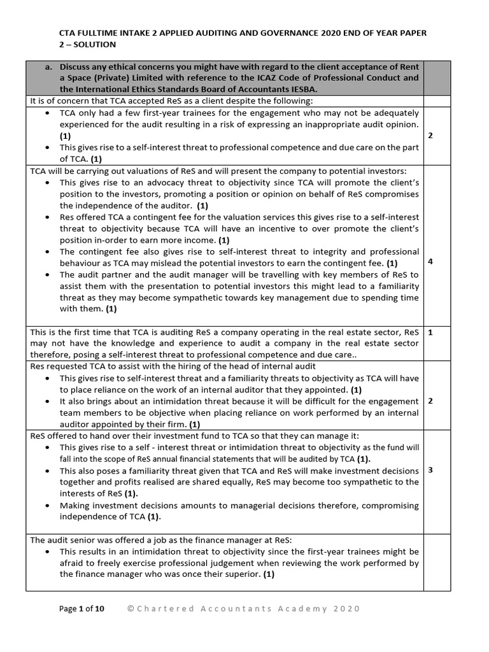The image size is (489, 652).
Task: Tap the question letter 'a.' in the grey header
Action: point(50,67)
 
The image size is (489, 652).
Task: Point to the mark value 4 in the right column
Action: point(430,261)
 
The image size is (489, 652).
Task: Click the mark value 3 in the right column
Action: point(430,470)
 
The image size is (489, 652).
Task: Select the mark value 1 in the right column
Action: point(430,332)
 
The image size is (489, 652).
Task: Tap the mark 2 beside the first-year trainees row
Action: point(430,136)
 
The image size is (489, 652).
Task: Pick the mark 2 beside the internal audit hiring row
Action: point(430,400)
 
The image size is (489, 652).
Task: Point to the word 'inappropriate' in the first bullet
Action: point(312,124)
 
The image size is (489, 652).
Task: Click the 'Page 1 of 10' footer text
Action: point(81,609)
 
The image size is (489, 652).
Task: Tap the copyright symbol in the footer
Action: point(131,609)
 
